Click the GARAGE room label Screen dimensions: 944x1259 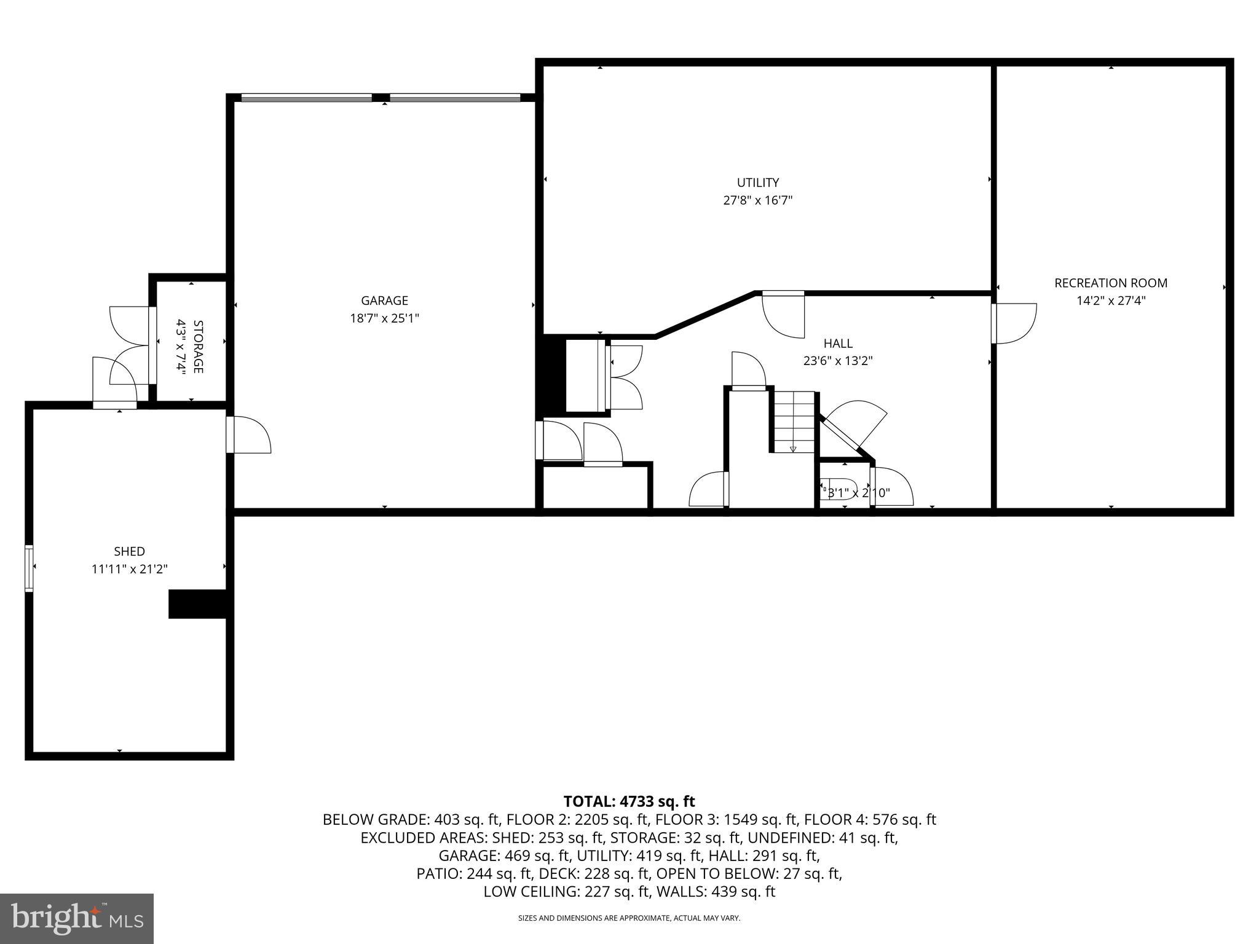click(x=384, y=301)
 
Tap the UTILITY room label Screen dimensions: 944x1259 click(x=758, y=183)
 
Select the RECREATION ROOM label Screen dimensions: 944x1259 click(x=1110, y=283)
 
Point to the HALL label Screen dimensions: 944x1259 click(x=838, y=344)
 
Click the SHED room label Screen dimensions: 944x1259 click(x=129, y=551)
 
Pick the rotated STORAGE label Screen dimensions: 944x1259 click(x=198, y=347)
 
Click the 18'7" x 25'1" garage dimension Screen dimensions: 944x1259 click(x=384, y=318)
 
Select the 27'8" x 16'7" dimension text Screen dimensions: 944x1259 click(x=758, y=200)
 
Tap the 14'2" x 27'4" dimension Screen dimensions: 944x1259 click(x=1110, y=301)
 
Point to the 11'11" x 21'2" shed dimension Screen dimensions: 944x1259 click(x=129, y=569)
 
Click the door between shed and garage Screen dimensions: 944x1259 click(x=249, y=435)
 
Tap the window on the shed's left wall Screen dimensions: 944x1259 click(x=29, y=568)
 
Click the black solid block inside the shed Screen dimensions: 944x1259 click(x=198, y=604)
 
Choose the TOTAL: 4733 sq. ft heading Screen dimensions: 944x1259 click(x=629, y=801)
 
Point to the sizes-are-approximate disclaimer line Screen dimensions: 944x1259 click(x=629, y=918)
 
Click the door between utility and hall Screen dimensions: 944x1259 click(x=783, y=314)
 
